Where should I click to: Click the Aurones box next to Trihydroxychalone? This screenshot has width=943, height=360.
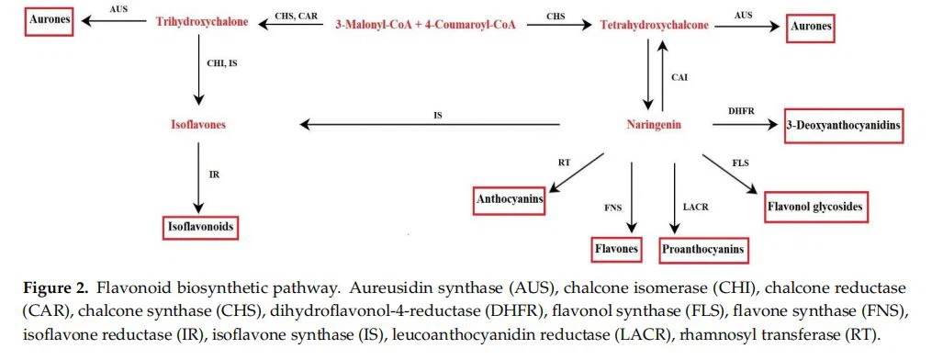[x=49, y=20]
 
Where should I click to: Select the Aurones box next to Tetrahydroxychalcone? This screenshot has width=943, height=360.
[x=811, y=28]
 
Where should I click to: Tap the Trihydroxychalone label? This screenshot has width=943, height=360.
[x=202, y=21]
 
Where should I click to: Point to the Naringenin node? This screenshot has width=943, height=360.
[x=654, y=125]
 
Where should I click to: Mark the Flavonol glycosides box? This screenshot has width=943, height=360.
[x=814, y=207]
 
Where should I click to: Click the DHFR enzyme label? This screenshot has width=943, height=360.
[x=741, y=111]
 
